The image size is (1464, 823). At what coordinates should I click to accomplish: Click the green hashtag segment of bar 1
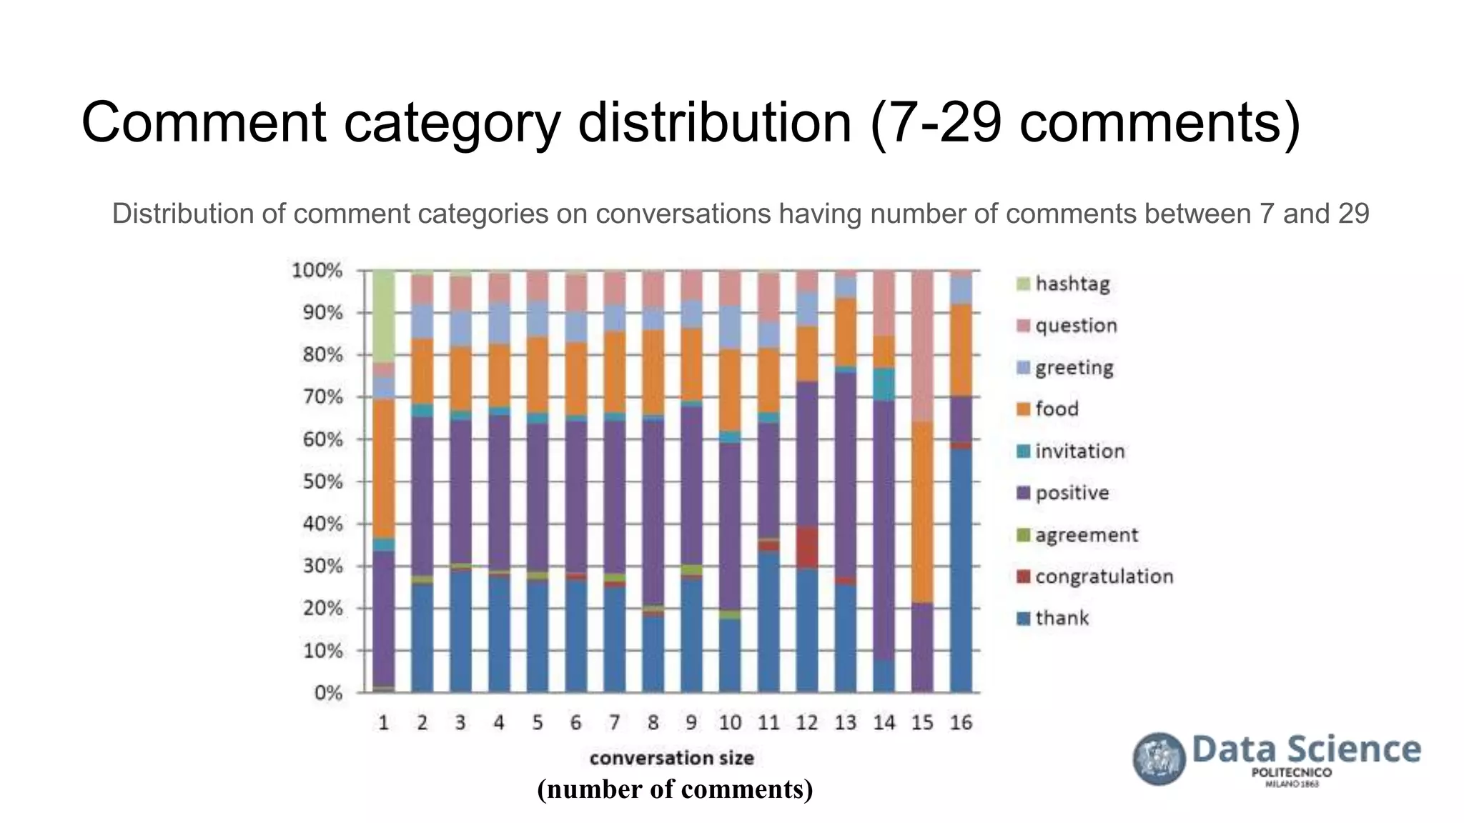[x=384, y=316]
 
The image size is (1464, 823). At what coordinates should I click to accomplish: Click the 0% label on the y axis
[x=327, y=693]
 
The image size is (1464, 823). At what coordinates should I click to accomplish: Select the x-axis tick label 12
[x=806, y=723]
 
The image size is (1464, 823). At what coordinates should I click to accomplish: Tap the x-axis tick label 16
[x=961, y=723]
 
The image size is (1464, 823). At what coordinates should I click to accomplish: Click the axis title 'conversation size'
[x=671, y=757]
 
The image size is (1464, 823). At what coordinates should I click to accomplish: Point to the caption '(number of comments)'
[x=675, y=789]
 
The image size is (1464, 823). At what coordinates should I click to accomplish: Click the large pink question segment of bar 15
[x=922, y=346]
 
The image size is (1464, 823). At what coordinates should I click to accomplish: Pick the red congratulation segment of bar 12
[x=807, y=547]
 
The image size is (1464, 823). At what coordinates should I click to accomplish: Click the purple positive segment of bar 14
[x=884, y=529]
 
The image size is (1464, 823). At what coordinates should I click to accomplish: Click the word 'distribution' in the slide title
[x=714, y=123]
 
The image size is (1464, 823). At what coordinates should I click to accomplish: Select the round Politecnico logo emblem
[x=1159, y=759]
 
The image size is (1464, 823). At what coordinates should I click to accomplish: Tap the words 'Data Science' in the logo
[x=1306, y=749]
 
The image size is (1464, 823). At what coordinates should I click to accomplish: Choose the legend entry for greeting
[x=1074, y=368]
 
